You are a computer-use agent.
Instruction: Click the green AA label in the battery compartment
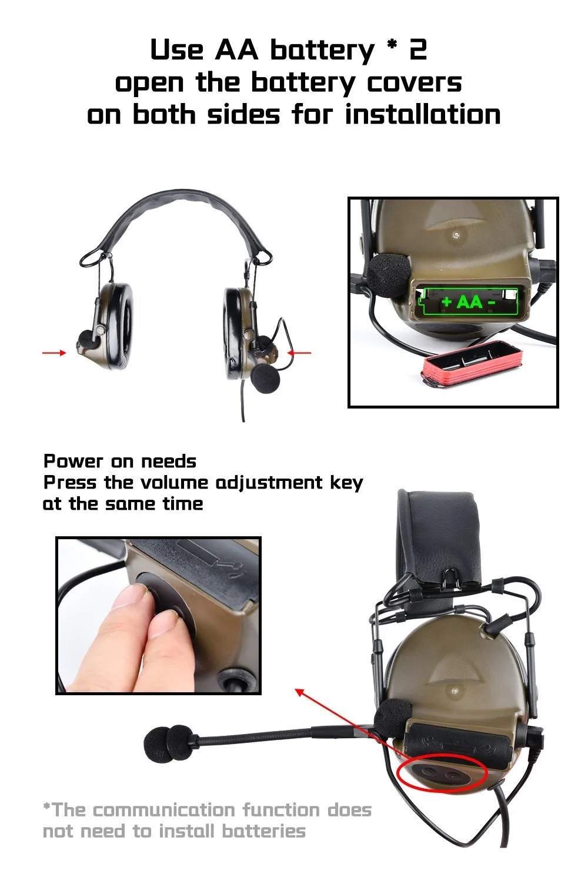(x=470, y=302)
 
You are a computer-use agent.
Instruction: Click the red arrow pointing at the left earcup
(x=54, y=353)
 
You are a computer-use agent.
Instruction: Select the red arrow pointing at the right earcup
(x=299, y=353)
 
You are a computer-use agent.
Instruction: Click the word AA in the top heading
(x=237, y=51)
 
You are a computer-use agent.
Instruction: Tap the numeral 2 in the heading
(x=418, y=50)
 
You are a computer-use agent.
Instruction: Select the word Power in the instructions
(x=73, y=461)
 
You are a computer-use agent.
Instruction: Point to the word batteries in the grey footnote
(x=264, y=831)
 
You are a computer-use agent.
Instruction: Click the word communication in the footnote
(x=164, y=809)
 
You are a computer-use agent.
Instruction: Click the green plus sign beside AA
(x=447, y=302)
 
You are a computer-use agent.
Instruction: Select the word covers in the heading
(x=414, y=83)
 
